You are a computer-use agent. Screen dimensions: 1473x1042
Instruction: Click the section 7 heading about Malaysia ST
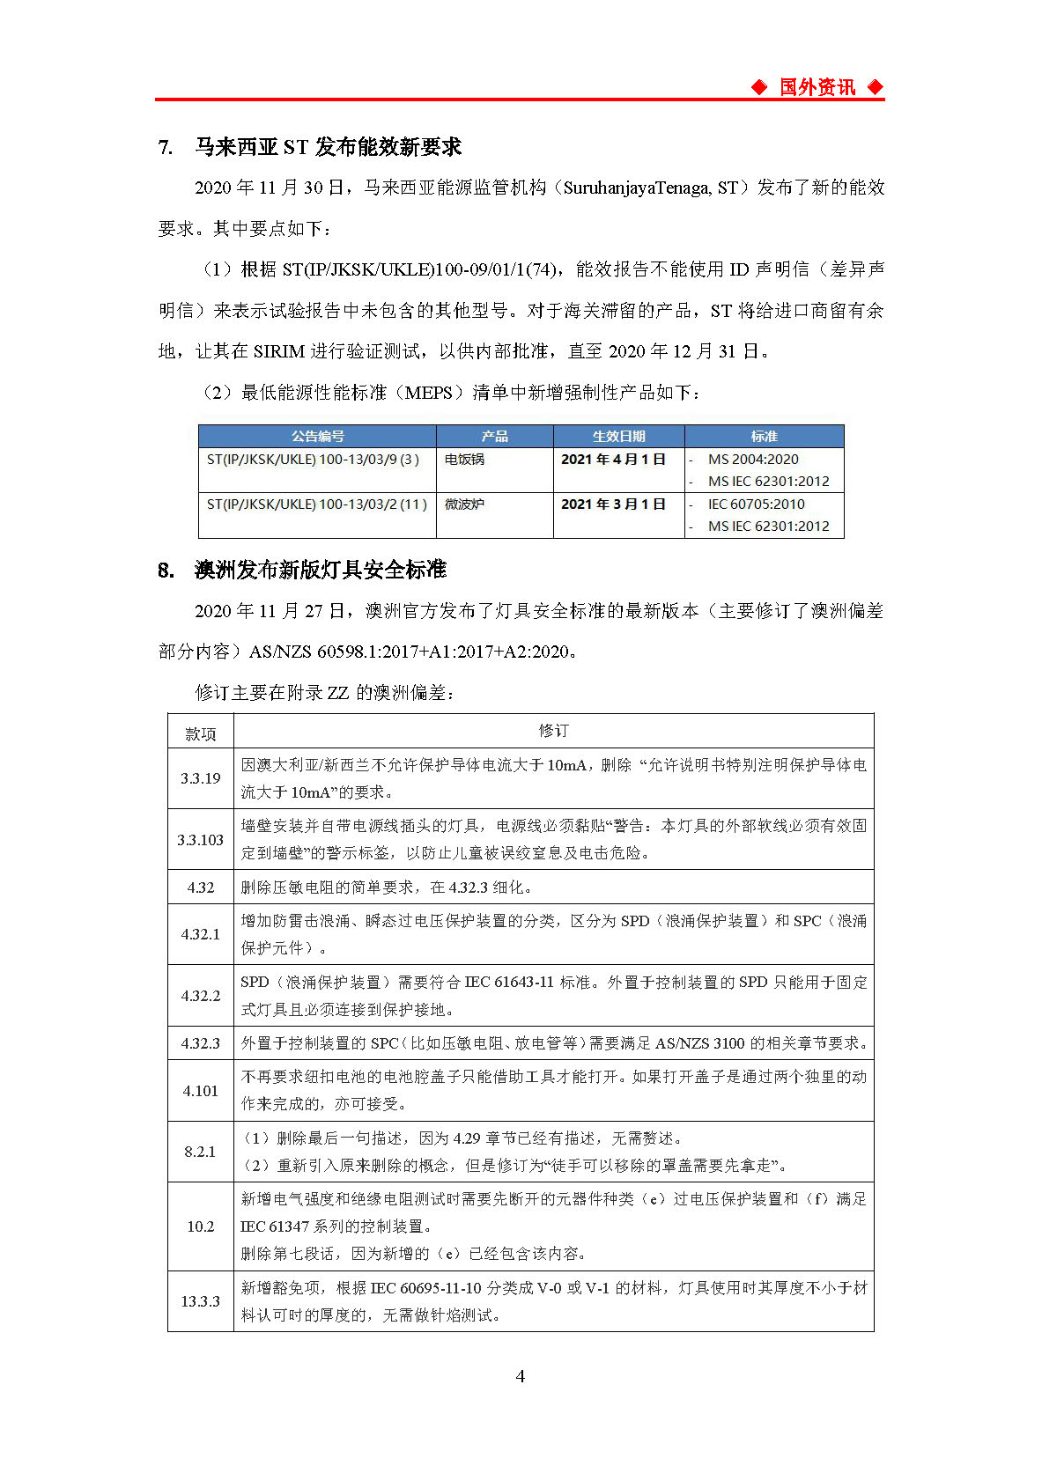310,147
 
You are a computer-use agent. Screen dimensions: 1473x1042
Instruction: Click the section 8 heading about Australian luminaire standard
302,571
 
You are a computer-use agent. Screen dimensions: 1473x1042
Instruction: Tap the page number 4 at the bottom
520,1376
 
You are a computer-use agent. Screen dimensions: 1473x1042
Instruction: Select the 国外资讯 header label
817,87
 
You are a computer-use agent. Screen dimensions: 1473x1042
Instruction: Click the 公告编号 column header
317,437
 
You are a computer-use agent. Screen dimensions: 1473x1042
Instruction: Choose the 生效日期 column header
618,437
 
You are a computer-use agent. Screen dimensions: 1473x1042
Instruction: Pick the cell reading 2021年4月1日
613,460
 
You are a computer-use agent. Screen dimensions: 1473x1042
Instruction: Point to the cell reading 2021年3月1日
613,505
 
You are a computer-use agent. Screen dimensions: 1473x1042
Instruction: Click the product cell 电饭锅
464,460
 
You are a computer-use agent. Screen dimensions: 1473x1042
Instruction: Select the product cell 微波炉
464,505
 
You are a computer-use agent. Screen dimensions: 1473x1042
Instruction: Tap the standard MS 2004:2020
753,460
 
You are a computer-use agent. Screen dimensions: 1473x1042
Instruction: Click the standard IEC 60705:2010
756,505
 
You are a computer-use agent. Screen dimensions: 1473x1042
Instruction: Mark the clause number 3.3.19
200,778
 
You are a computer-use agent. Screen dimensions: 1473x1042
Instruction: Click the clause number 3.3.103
200,840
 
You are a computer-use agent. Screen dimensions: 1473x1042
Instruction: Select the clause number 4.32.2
200,996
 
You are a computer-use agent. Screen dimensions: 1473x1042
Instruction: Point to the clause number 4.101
200,1091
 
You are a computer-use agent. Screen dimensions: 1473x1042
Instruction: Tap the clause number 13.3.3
200,1301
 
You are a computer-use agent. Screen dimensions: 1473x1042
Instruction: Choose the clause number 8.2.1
200,1152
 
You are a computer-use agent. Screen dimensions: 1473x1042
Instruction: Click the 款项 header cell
200,733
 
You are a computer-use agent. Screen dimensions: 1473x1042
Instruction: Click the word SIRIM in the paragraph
278,351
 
